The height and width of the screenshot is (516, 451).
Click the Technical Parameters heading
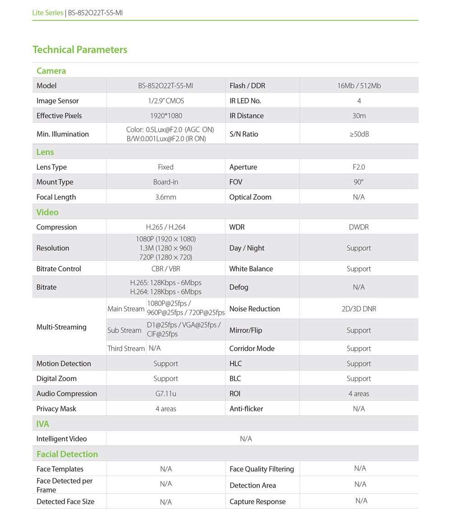tap(80, 50)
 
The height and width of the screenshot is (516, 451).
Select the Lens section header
tap(45, 152)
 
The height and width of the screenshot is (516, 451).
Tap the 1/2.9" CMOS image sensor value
tap(166, 101)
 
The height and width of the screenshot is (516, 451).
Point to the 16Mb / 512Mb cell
tap(359, 86)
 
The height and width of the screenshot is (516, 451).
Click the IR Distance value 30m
tap(359, 116)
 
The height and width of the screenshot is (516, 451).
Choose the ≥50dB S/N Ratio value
tap(359, 134)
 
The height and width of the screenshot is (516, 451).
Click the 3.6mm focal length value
tap(166, 197)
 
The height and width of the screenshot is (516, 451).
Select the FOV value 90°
tap(359, 182)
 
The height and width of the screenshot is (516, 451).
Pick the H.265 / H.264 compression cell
tap(166, 227)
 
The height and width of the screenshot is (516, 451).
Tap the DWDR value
tap(359, 227)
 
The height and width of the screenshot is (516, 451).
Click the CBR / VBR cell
tap(166, 269)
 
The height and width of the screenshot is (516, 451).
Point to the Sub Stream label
tap(124, 330)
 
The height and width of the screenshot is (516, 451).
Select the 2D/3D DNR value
tap(359, 309)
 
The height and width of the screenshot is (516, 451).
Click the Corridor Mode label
tap(252, 349)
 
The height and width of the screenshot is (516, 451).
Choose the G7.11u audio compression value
tap(166, 394)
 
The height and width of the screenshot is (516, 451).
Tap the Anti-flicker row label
tap(246, 409)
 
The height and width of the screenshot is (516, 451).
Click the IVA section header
tap(43, 424)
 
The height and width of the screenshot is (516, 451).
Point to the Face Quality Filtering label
tap(262, 469)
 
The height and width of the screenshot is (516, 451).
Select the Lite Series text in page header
tap(48, 13)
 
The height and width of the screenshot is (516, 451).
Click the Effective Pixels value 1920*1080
tap(166, 116)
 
